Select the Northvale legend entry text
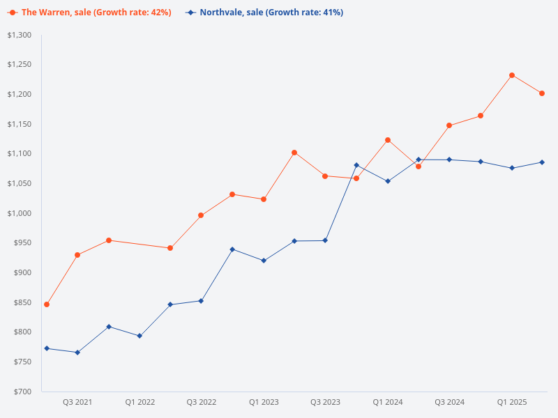(x=271, y=13)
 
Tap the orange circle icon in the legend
(x=13, y=13)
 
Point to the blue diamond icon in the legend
(x=190, y=13)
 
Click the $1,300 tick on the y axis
(x=19, y=35)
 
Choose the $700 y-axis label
(x=22, y=392)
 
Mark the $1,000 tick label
(x=19, y=213)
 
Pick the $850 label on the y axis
(x=22, y=302)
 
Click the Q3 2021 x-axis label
(x=77, y=402)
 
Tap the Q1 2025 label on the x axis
(x=511, y=402)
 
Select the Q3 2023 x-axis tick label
(x=325, y=402)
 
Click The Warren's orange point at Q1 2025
(x=511, y=75)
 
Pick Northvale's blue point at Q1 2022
(x=139, y=336)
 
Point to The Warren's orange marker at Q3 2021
(x=77, y=255)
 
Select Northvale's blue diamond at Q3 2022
(x=201, y=301)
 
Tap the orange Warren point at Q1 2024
(x=388, y=140)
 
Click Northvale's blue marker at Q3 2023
(x=325, y=240)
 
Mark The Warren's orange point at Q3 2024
(x=449, y=125)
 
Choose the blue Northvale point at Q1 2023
(x=264, y=261)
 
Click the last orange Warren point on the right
(x=542, y=93)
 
